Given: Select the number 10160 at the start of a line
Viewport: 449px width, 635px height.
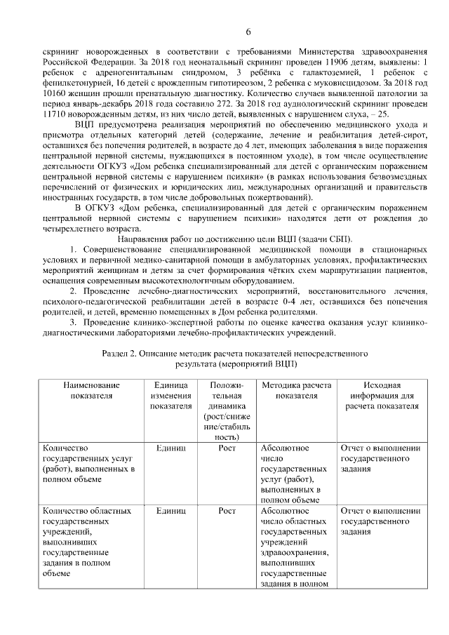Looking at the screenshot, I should click(x=55, y=93).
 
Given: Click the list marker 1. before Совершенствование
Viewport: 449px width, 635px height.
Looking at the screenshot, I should click(x=73, y=250).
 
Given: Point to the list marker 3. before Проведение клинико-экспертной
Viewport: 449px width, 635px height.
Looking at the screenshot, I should click(x=73, y=321).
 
